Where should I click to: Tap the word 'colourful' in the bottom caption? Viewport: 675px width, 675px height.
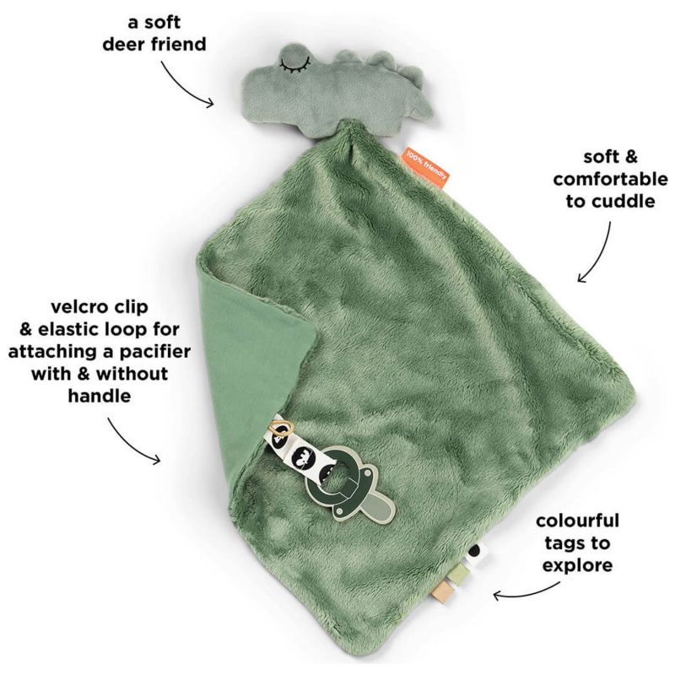click(577, 521)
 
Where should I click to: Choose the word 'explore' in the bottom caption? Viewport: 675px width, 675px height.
click(577, 565)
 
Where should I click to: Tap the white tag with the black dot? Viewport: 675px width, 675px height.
click(475, 552)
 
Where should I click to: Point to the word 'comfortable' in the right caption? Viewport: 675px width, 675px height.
click(610, 179)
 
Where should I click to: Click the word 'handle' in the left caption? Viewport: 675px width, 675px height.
click(100, 396)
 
